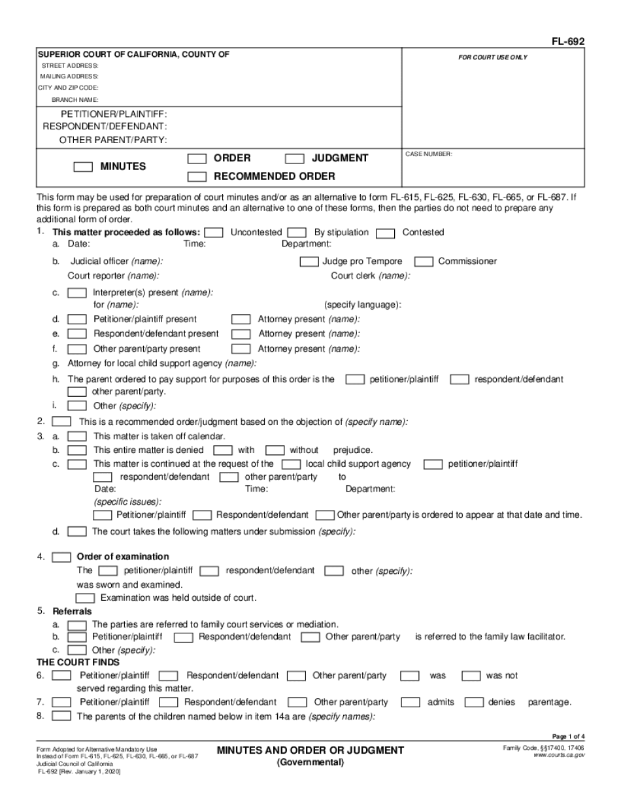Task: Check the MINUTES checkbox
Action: [x=83, y=167]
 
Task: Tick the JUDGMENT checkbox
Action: [x=295, y=158]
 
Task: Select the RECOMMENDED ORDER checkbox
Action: [x=197, y=176]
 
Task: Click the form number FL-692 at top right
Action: [x=568, y=42]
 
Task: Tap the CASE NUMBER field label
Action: [x=429, y=154]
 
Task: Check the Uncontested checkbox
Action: [x=214, y=233]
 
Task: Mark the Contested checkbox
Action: [x=386, y=233]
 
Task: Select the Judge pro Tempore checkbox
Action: [x=309, y=261]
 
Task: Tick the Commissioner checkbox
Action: [x=424, y=261]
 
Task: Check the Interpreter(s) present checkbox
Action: [x=77, y=293]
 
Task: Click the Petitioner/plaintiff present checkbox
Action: [x=77, y=320]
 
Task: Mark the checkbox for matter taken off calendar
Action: [x=77, y=436]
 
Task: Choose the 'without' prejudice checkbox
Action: [x=275, y=450]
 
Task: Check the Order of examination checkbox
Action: [x=61, y=557]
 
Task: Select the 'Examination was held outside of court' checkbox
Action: [x=85, y=598]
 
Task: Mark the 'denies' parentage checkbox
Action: [x=473, y=702]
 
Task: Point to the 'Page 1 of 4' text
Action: [x=568, y=736]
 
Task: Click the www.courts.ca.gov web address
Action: [x=559, y=754]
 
